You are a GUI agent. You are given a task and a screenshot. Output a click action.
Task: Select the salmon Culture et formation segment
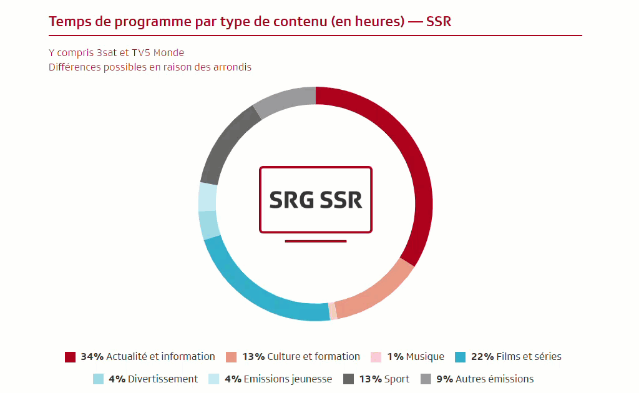coord(379,293)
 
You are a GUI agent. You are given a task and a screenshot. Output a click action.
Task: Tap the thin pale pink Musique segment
coord(333,311)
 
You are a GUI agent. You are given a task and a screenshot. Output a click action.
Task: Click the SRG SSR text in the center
coord(316,200)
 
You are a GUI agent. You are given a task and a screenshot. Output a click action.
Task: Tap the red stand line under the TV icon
coord(316,241)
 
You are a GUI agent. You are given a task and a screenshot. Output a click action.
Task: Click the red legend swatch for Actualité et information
coord(70,357)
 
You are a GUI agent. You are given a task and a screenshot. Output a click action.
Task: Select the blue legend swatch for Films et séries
coord(460,357)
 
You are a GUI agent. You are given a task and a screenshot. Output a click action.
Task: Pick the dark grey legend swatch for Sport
coord(348,379)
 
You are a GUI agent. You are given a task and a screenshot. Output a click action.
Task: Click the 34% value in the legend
coord(92,357)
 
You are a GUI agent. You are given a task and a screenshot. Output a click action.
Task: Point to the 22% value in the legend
coord(482,357)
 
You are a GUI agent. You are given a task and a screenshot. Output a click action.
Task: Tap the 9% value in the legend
coord(444,379)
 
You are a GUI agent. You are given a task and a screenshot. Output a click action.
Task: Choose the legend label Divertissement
coord(163,379)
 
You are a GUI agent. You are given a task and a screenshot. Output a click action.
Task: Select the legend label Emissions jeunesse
coord(288,379)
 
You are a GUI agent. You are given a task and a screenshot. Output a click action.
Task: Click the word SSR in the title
coord(439,22)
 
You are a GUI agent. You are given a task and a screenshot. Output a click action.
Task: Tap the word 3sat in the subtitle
coord(107,53)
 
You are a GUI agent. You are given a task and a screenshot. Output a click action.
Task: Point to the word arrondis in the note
coord(232,67)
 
